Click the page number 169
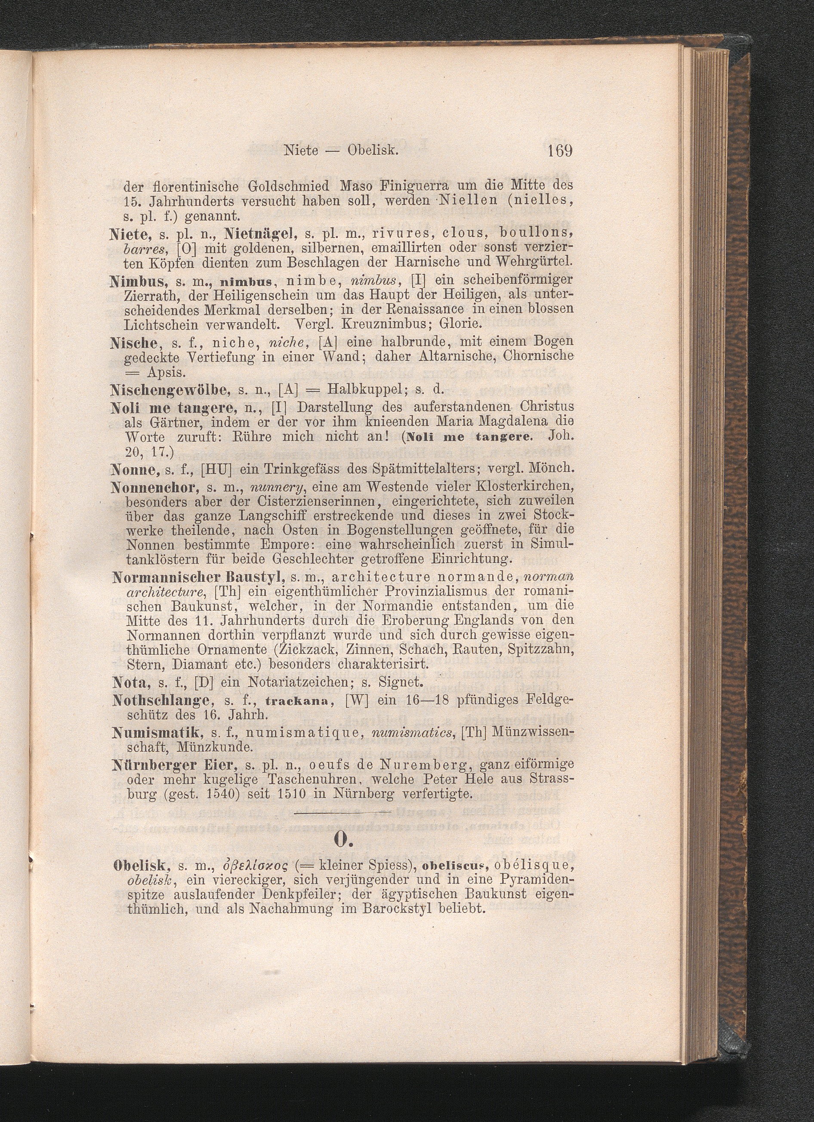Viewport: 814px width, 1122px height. (560, 151)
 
